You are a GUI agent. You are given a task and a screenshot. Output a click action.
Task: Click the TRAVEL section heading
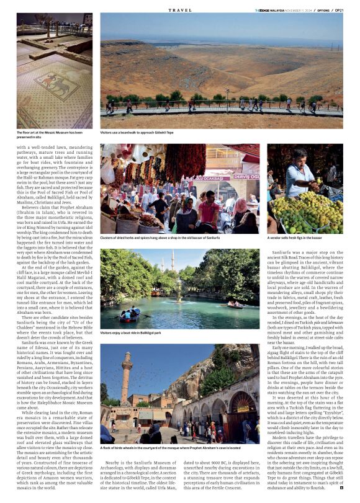(x=180, y=11)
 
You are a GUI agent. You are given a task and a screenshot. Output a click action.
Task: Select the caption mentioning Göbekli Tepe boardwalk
(x=137, y=132)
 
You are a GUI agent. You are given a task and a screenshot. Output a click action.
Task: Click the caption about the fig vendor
(x=295, y=238)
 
